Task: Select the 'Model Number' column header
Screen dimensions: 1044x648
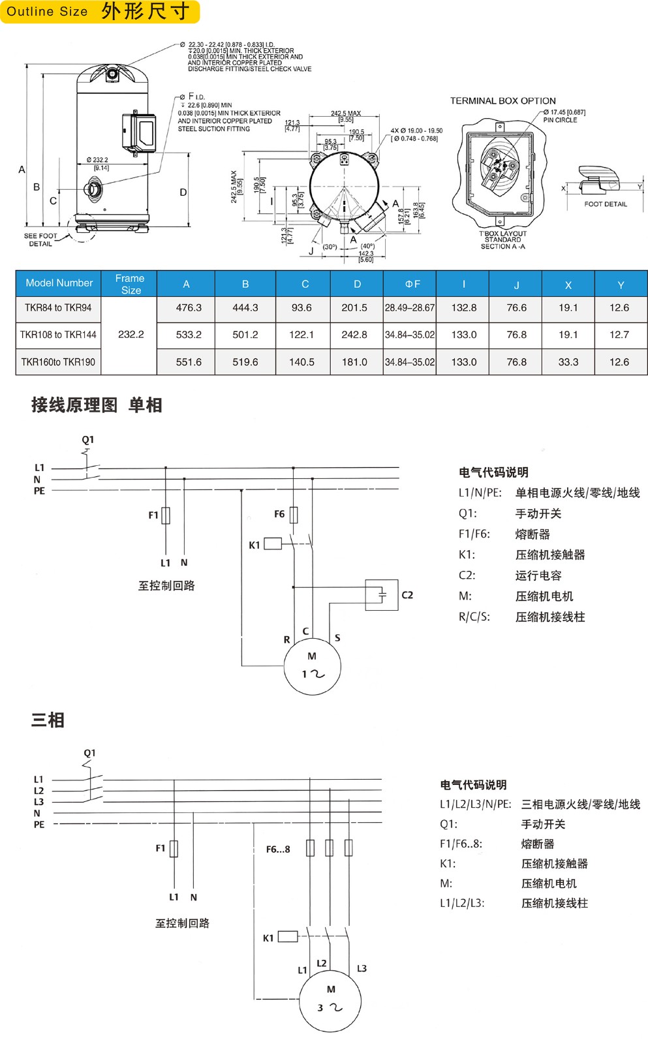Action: click(59, 283)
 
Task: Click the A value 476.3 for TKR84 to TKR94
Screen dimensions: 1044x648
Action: click(189, 308)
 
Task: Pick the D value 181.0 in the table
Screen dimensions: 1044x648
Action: click(354, 362)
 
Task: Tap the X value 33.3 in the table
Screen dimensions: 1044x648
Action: click(568, 362)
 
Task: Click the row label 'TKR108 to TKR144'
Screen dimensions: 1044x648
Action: click(58, 335)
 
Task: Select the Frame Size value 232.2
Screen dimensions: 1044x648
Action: click(131, 335)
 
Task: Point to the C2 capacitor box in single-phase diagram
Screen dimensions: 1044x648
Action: click(382, 595)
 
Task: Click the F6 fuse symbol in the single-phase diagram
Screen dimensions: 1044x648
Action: click(294, 515)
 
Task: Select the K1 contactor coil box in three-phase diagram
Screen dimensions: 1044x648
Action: click(288, 936)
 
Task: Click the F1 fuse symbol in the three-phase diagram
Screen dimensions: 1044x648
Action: click(174, 848)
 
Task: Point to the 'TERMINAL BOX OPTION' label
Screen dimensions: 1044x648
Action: click(502, 101)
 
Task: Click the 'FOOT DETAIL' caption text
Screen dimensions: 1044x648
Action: click(605, 204)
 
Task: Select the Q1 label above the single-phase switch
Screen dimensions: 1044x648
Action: click(88, 440)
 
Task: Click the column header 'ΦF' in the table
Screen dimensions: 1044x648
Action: click(412, 284)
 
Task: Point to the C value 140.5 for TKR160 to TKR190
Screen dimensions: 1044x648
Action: click(301, 362)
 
